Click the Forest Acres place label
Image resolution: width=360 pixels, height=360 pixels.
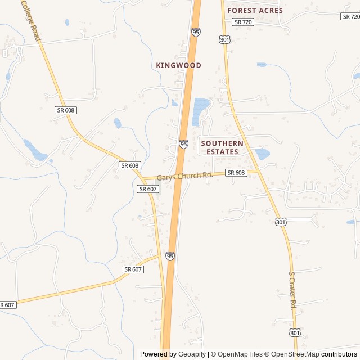[255, 10]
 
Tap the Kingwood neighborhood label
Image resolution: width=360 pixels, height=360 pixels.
[178, 65]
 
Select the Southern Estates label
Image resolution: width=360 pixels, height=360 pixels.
[222, 147]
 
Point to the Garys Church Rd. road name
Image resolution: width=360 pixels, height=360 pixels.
[184, 176]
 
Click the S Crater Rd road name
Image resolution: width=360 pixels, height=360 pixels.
[292, 290]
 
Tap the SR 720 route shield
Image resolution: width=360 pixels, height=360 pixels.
[243, 22]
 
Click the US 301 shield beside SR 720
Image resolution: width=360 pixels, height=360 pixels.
[225, 39]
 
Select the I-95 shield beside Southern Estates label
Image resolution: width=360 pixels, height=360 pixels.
[184, 145]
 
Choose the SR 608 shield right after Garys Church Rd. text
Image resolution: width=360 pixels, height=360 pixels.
[236, 173]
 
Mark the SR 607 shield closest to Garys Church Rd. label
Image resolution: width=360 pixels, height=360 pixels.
[147, 189]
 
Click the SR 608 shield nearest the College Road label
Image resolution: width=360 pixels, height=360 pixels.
[66, 110]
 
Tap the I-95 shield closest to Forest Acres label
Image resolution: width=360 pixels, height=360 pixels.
[196, 33]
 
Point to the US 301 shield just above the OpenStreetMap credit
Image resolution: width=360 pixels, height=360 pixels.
[295, 334]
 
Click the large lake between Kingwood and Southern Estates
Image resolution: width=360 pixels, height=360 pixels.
[200, 110]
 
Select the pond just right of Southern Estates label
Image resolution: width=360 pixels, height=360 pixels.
[262, 153]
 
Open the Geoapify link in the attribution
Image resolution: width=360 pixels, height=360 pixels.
[192, 354]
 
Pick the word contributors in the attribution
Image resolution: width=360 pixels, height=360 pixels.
[339, 354]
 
